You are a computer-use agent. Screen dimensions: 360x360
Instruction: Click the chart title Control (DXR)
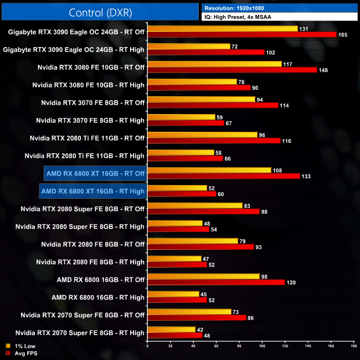[100, 12]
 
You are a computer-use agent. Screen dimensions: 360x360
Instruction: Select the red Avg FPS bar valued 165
[241, 34]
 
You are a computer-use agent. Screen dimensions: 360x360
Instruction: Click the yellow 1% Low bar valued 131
[222, 28]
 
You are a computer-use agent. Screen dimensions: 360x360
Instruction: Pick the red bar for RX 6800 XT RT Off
[223, 176]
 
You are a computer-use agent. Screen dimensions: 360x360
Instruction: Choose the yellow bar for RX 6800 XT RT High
[177, 188]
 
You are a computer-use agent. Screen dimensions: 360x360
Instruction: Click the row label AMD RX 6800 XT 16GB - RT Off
[95, 173]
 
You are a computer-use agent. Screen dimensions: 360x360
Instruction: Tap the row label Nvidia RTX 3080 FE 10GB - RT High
[88, 85]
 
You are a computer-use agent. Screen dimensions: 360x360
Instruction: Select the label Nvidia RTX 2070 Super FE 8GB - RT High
[80, 333]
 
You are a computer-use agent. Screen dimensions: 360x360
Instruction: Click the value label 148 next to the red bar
[325, 70]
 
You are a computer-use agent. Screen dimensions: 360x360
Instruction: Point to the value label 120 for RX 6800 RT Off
[292, 282]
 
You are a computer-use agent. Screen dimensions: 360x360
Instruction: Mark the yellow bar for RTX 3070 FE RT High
[181, 117]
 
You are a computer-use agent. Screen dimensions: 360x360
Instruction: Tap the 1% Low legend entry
[22, 346]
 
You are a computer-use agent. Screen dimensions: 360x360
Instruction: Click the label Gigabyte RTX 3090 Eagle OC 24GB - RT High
[74, 49]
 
